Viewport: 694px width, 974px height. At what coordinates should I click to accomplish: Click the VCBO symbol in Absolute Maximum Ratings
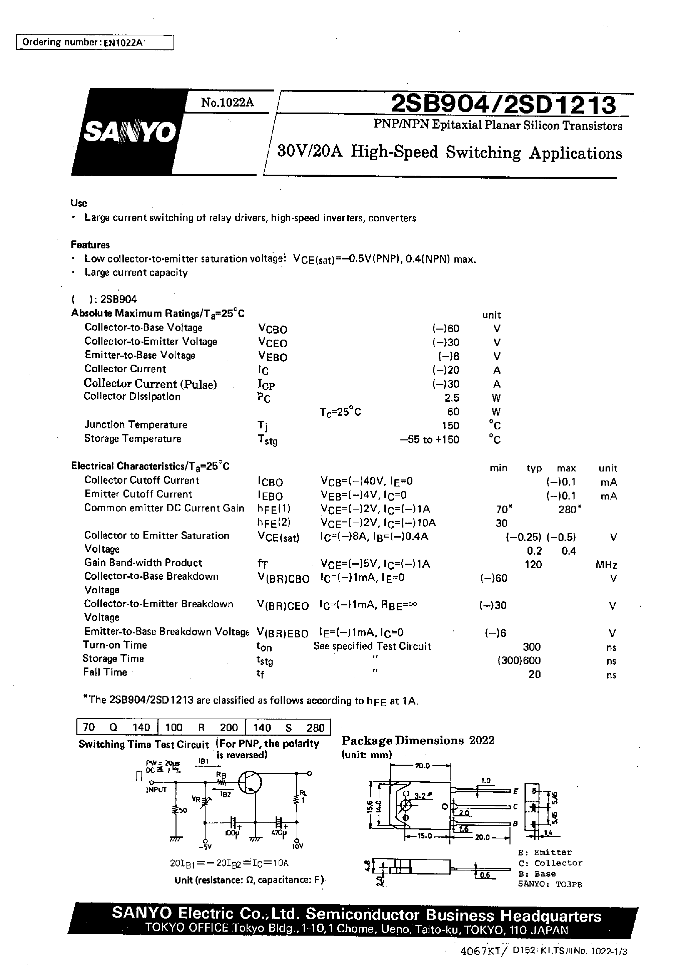click(272, 329)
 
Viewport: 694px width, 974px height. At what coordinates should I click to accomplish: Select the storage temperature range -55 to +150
click(429, 439)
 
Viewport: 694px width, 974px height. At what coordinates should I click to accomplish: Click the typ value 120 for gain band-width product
click(533, 564)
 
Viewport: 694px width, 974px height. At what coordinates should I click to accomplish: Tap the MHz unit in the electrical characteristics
click(606, 565)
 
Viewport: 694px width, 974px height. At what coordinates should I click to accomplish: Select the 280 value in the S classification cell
click(315, 727)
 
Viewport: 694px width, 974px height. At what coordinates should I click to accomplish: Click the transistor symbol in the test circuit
click(250, 782)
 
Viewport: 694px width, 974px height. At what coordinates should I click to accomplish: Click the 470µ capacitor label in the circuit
click(278, 833)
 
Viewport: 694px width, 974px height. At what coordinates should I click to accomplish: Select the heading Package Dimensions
click(403, 740)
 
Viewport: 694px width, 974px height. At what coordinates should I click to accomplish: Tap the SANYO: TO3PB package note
click(550, 884)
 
